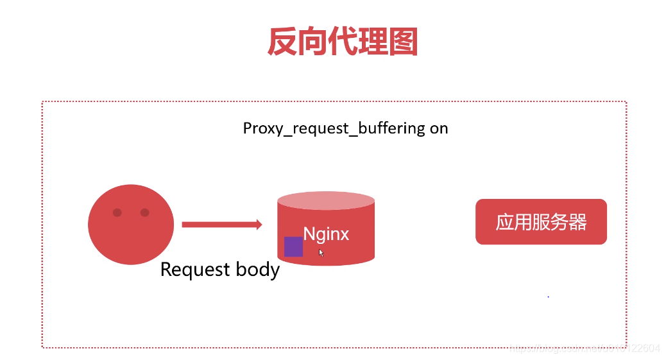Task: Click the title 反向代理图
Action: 342,42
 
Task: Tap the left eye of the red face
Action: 117,212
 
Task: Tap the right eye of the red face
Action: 144,212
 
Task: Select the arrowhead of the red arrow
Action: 259,224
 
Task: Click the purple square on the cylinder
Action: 293,246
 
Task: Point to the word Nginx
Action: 326,234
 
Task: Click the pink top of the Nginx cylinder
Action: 326,200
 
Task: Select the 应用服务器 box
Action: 541,222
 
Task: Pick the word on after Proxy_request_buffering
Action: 439,128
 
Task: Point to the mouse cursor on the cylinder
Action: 321,253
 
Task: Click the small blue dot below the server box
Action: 548,296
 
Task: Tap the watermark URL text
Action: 584,348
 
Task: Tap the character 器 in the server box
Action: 577,222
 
